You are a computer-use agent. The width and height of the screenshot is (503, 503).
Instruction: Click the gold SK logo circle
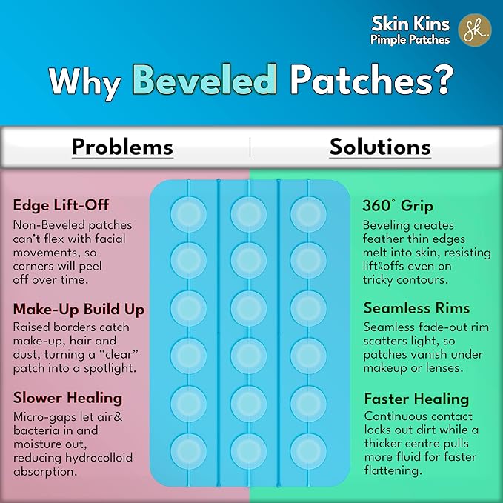(475, 30)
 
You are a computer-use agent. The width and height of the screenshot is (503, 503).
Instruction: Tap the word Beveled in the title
(204, 81)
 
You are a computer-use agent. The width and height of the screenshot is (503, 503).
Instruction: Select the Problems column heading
(122, 147)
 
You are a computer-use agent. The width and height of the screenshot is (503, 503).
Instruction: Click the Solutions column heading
(380, 147)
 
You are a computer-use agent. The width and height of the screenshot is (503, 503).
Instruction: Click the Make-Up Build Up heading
(79, 309)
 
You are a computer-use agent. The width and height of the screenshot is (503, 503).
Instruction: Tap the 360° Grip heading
(397, 206)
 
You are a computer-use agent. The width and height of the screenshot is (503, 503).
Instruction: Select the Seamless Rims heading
(416, 308)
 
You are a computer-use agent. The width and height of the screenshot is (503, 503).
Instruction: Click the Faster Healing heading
(416, 399)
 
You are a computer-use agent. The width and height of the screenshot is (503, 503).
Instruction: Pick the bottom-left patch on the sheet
(188, 449)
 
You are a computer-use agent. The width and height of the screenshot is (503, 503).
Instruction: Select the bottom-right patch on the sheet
(308, 449)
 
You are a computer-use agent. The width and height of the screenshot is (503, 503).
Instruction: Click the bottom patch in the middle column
(247, 449)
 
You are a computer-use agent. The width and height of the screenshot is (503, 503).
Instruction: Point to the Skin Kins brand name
(411, 23)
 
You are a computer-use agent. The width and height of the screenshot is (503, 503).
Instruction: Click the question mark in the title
(442, 81)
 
